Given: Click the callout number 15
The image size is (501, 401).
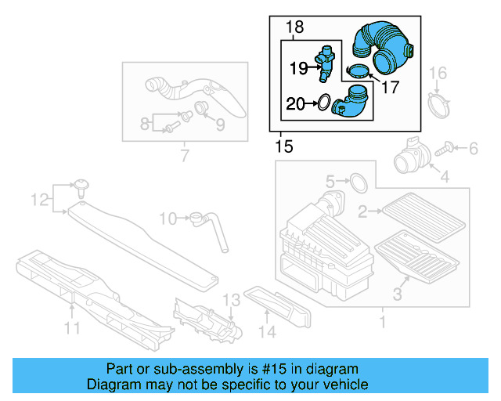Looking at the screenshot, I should click(284, 146).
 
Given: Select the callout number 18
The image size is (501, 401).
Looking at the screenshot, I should click(294, 28).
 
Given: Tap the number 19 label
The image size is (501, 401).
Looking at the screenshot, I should click(299, 68).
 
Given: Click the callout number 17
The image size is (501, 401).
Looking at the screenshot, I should click(389, 87).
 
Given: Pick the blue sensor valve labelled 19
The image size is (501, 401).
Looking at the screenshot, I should click(326, 63).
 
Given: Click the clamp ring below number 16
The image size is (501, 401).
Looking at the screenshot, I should click(440, 104).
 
